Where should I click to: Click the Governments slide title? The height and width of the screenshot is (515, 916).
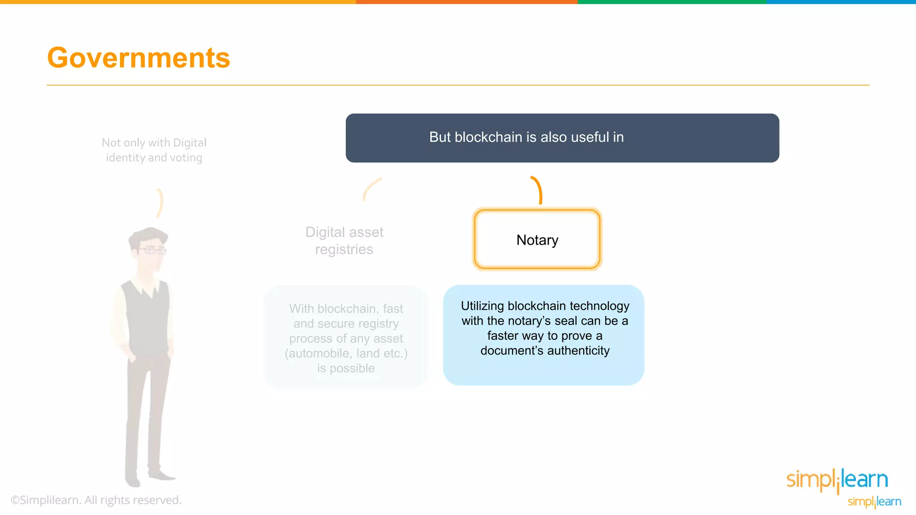pyautogui.click(x=138, y=58)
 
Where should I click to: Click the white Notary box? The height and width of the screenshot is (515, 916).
pyautogui.click(x=537, y=240)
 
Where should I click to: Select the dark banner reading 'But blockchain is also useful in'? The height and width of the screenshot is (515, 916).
pyautogui.click(x=562, y=138)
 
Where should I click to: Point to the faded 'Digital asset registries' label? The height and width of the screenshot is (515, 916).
pyautogui.click(x=344, y=241)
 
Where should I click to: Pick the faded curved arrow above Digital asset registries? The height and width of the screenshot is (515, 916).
pyautogui.click(x=371, y=189)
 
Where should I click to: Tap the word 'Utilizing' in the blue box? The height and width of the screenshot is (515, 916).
pyautogui.click(x=482, y=306)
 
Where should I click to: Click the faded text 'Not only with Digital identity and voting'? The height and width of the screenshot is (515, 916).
pyautogui.click(x=154, y=150)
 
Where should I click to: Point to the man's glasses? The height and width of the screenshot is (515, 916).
pyautogui.click(x=152, y=250)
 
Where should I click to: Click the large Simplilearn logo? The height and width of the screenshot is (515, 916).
pyautogui.click(x=837, y=480)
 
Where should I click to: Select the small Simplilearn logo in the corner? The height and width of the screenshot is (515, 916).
pyautogui.click(x=874, y=502)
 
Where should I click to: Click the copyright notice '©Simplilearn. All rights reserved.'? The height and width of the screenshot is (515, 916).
pyautogui.click(x=96, y=500)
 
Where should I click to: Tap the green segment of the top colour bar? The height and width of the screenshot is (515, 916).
pyautogui.click(x=672, y=2)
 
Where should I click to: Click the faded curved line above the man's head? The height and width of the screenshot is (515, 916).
pyautogui.click(x=160, y=203)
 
